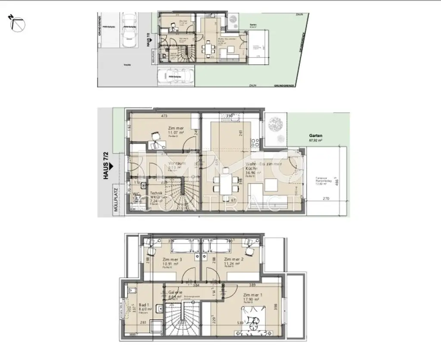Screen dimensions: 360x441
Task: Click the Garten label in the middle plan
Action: pos(316,135)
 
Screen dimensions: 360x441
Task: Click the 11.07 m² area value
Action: pos(176,133)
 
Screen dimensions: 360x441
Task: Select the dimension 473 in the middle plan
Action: pos(164,116)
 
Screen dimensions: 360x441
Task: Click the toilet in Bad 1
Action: pos(131,291)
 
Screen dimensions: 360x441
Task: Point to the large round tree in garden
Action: pos(275,124)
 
